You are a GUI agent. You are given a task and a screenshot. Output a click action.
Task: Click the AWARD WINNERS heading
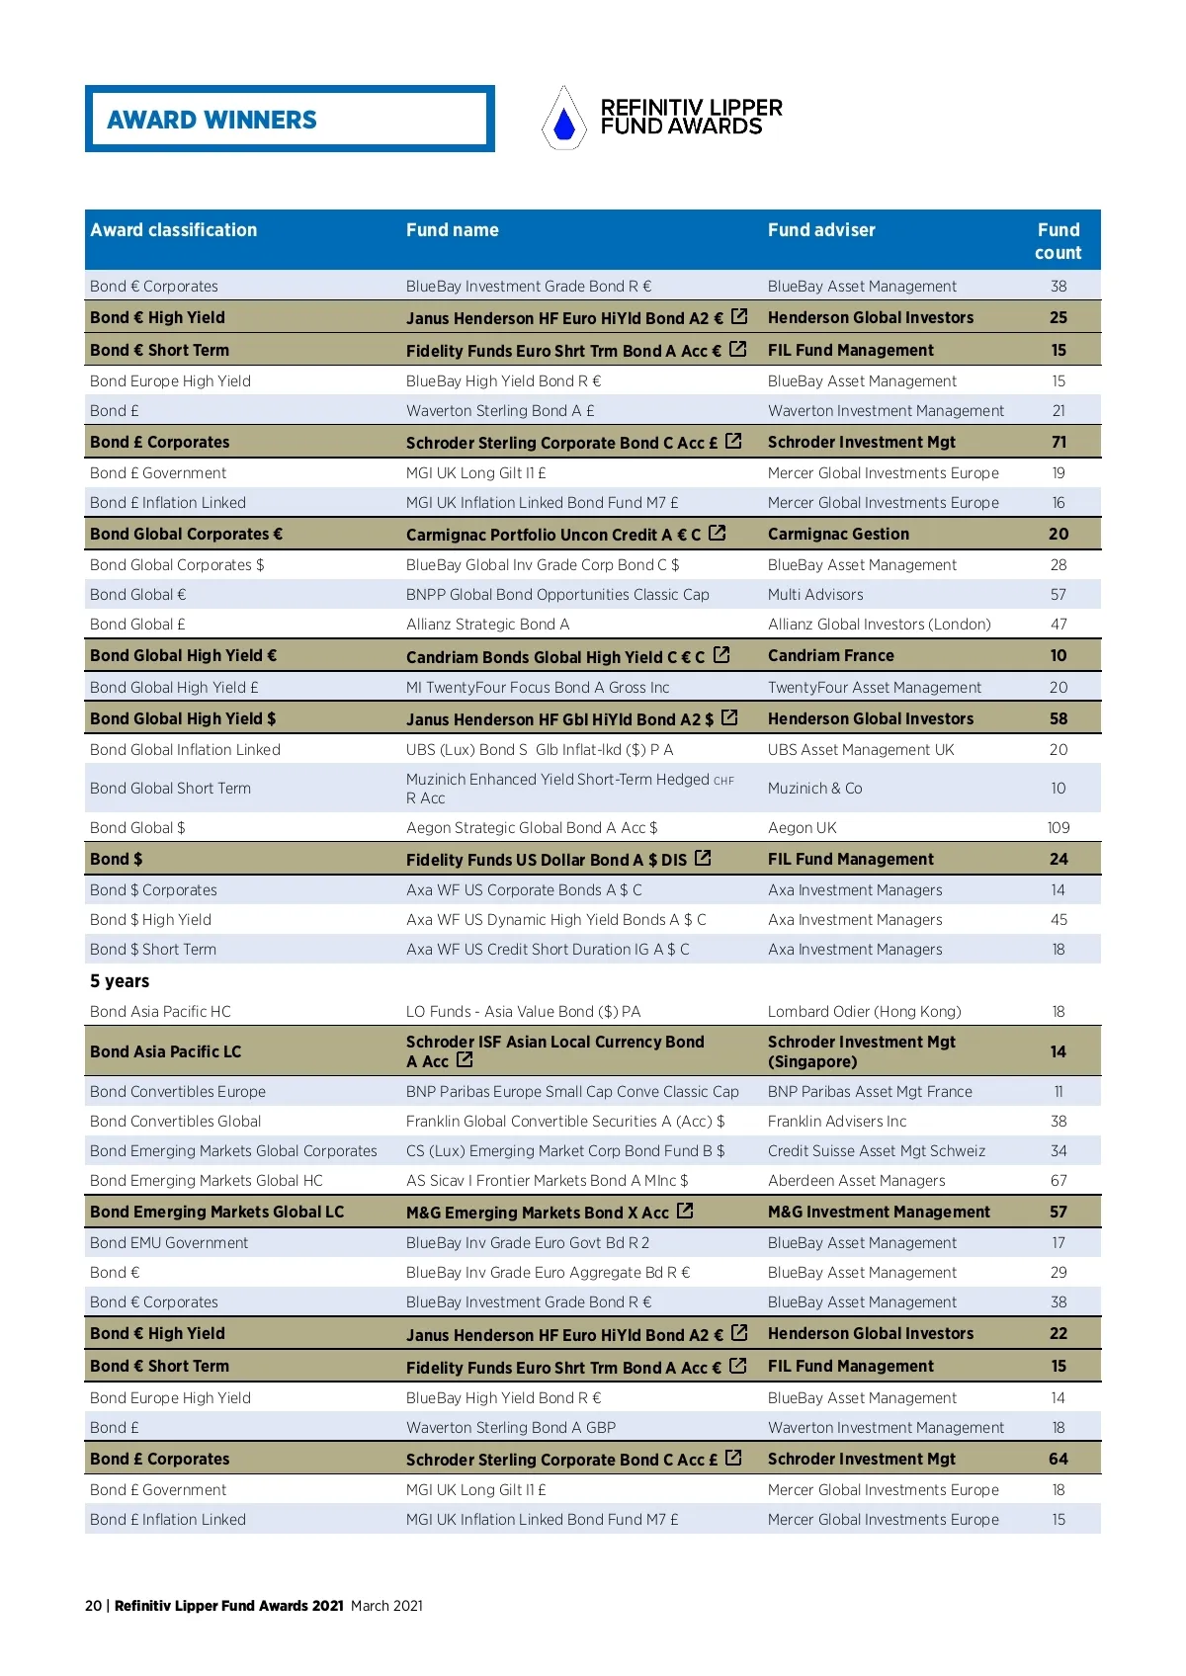212,120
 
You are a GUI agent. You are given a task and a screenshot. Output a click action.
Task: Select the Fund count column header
1058,241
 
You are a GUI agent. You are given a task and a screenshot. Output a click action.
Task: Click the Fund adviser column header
821,230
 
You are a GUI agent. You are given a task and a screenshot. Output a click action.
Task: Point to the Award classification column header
174,230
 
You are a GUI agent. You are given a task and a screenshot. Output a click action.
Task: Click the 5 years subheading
120,981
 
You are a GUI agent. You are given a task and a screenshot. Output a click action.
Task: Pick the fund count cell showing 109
1059,828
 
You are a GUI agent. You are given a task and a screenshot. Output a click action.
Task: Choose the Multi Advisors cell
815,595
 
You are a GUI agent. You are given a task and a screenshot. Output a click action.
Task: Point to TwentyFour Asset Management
875,688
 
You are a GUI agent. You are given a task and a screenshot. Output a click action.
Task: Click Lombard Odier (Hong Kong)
865,1012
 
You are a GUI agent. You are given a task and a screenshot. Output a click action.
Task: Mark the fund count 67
1059,1181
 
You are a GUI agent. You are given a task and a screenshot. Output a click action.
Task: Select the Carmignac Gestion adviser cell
838,535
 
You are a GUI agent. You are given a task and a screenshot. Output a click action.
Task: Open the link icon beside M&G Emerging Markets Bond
685,1211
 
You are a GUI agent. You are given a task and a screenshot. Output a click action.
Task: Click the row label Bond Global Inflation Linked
185,750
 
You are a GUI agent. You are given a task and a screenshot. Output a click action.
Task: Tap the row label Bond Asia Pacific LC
165,1052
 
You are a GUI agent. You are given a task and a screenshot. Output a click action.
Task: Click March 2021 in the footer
386,1606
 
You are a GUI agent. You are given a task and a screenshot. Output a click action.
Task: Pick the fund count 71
1059,443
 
